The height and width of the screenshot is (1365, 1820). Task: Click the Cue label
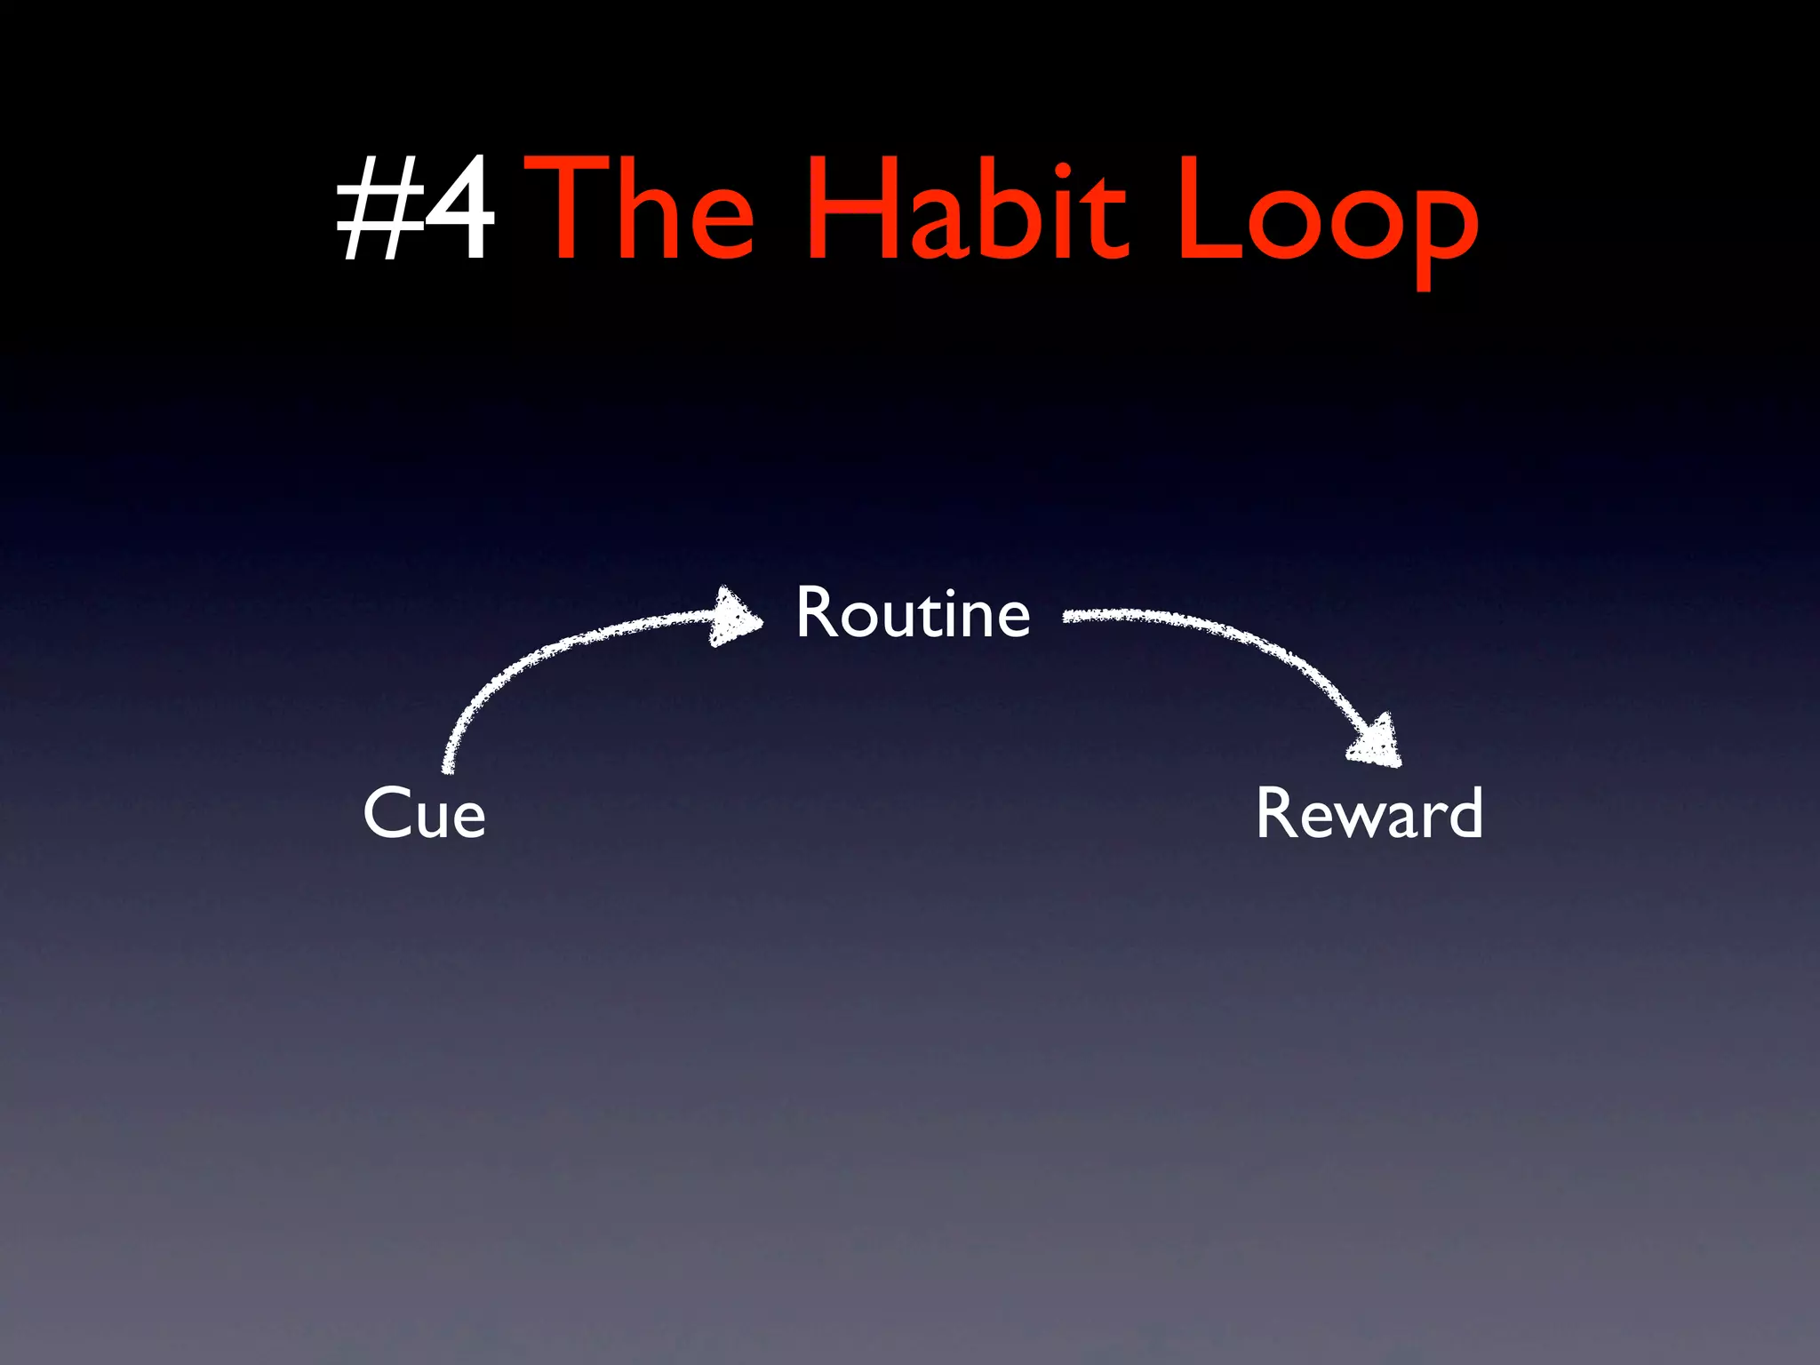tap(424, 812)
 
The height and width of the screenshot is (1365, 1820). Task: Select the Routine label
tap(913, 612)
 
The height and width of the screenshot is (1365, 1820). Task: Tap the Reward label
tap(1369, 812)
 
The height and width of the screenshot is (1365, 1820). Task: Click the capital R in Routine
tap(815, 612)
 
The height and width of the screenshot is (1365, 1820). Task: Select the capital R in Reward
tap(1275, 812)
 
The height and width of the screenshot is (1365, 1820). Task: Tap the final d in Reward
tap(1462, 812)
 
